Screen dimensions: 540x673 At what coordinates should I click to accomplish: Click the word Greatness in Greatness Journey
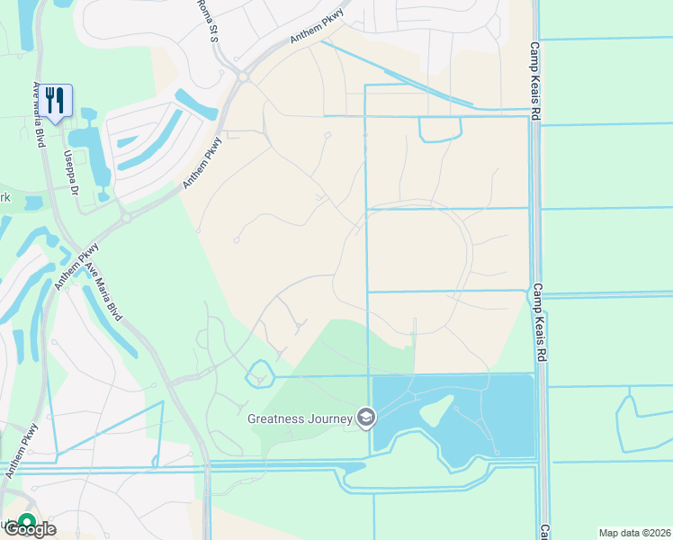click(280, 418)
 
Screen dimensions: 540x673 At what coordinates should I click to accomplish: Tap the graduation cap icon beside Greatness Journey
click(365, 418)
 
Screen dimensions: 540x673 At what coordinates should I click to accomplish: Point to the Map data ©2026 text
click(634, 533)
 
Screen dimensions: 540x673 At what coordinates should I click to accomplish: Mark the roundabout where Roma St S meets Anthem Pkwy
click(243, 77)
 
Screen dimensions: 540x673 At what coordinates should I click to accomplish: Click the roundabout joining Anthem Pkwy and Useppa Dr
click(127, 217)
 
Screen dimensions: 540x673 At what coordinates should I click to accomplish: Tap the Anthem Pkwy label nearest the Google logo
click(21, 451)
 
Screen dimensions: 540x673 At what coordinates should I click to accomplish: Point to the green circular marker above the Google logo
click(27, 520)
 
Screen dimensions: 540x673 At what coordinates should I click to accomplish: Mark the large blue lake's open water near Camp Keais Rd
click(508, 405)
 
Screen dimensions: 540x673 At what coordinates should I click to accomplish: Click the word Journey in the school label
click(332, 418)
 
